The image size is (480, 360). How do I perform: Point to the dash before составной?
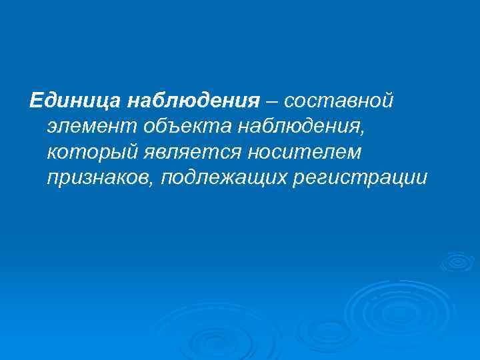tap(273, 101)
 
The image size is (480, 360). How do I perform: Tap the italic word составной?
tap(339, 101)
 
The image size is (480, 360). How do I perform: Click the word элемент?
tap(89, 127)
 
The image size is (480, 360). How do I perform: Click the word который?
tap(90, 153)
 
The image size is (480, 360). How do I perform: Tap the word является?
tap(191, 153)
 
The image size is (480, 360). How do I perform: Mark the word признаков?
tap(98, 178)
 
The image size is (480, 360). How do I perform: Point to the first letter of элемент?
tap(53, 127)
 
